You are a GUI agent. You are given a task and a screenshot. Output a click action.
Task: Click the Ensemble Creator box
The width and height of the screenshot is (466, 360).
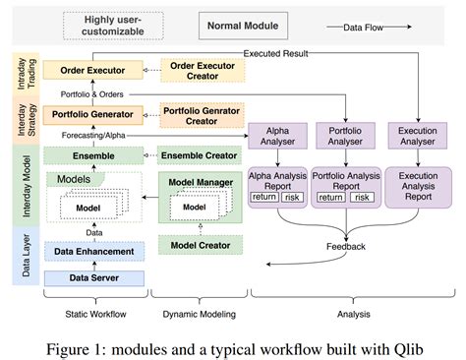[x=199, y=155]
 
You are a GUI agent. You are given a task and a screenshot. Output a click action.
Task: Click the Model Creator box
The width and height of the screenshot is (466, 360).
[x=199, y=245]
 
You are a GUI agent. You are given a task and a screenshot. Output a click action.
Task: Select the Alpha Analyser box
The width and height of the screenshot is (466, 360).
[x=277, y=136]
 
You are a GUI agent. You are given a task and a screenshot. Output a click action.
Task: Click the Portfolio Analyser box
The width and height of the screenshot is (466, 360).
[x=345, y=136]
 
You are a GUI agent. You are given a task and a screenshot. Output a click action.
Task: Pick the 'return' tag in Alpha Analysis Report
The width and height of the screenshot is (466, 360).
[x=264, y=197]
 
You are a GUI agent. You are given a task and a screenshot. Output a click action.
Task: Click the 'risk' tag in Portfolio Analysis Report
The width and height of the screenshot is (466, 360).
[x=363, y=197]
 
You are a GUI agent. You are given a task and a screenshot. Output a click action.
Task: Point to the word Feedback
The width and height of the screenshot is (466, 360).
[x=346, y=247]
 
